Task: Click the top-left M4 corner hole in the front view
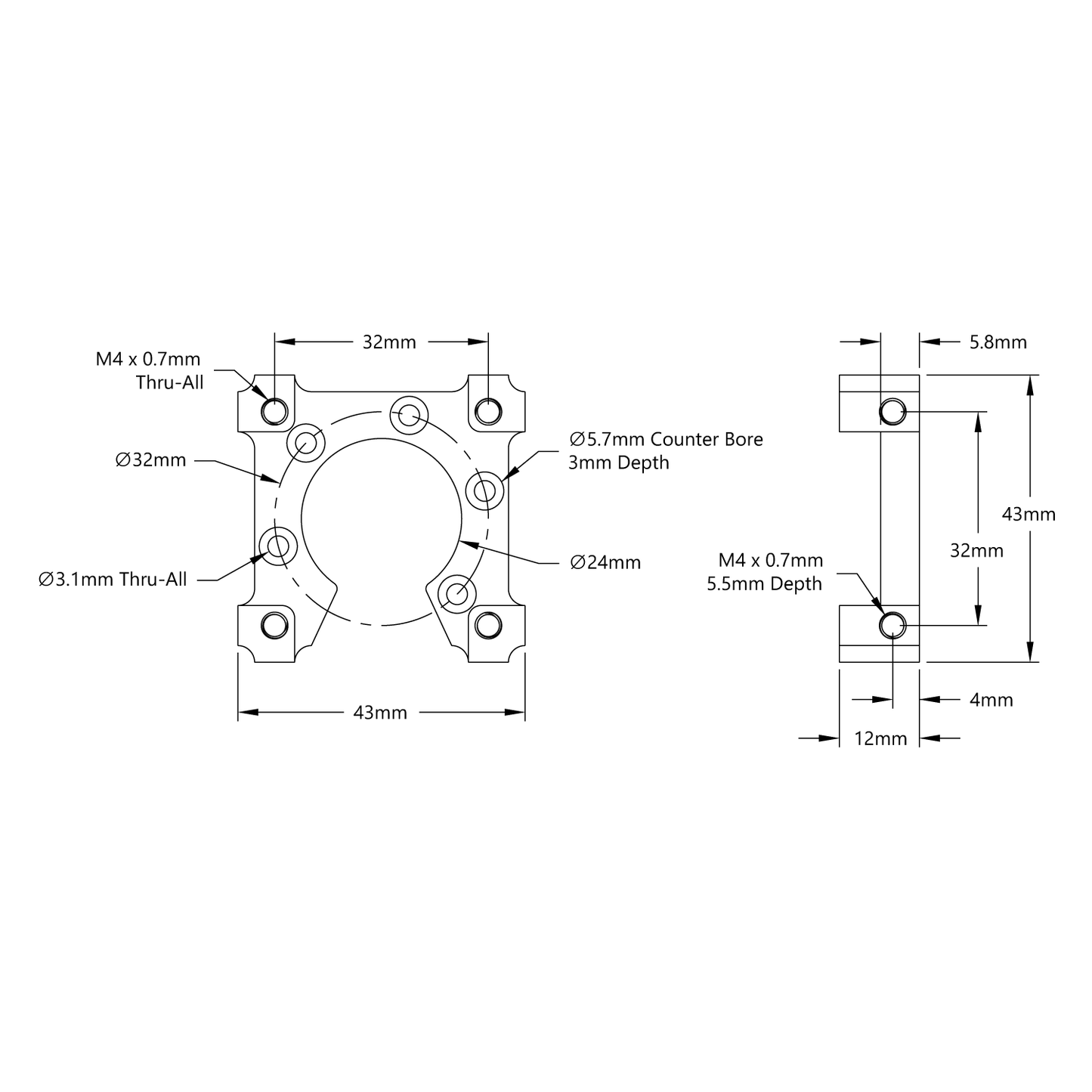(x=274, y=411)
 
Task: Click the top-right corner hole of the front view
(x=488, y=411)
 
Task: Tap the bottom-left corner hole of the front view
(x=274, y=625)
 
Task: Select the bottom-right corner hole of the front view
(x=488, y=625)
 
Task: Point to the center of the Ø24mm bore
(x=382, y=518)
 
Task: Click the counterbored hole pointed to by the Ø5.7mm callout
(x=484, y=491)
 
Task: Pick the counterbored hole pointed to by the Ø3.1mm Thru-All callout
(x=277, y=545)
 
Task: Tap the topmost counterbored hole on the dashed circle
(x=409, y=414)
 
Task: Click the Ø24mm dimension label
(x=605, y=562)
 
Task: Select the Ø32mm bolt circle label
(x=150, y=460)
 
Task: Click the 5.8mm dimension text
(x=998, y=342)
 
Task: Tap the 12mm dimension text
(x=880, y=738)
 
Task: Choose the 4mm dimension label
(x=991, y=700)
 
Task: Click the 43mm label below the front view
(x=380, y=712)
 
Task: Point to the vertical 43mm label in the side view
(x=1028, y=515)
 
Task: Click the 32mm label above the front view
(x=389, y=342)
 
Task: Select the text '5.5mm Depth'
(x=764, y=584)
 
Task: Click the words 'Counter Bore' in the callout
(x=707, y=439)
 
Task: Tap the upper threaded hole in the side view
(x=892, y=412)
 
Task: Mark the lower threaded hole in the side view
(x=892, y=625)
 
